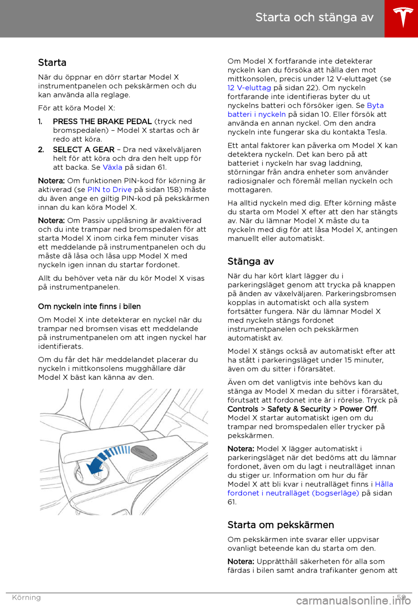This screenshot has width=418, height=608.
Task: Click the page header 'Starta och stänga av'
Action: coord(314,17)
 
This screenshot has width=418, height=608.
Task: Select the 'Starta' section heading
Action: coord(52,63)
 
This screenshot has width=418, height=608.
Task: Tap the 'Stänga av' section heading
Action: coord(251,261)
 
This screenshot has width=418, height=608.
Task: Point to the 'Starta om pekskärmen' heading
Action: coord(281,525)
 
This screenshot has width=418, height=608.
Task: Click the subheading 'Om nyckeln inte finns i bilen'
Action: coord(89,307)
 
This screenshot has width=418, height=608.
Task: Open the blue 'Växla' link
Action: coord(112,167)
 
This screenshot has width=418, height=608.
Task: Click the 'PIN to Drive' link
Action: coord(110,189)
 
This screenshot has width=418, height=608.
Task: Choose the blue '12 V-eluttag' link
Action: coord(249,88)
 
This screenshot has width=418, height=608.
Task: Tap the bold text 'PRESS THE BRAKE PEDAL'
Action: coord(102,122)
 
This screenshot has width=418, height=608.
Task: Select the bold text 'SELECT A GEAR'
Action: coord(84,149)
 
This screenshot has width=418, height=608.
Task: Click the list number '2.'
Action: coord(41,149)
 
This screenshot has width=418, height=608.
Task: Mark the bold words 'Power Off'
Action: coord(358,409)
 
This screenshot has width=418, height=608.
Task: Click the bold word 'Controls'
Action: coord(243,409)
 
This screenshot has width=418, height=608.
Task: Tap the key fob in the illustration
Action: coord(144,453)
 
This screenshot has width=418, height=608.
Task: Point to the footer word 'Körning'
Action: coord(26,598)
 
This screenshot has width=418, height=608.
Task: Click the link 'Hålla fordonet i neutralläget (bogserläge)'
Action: coord(293,493)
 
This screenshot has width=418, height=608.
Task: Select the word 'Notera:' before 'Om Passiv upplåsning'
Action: coord(51,220)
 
